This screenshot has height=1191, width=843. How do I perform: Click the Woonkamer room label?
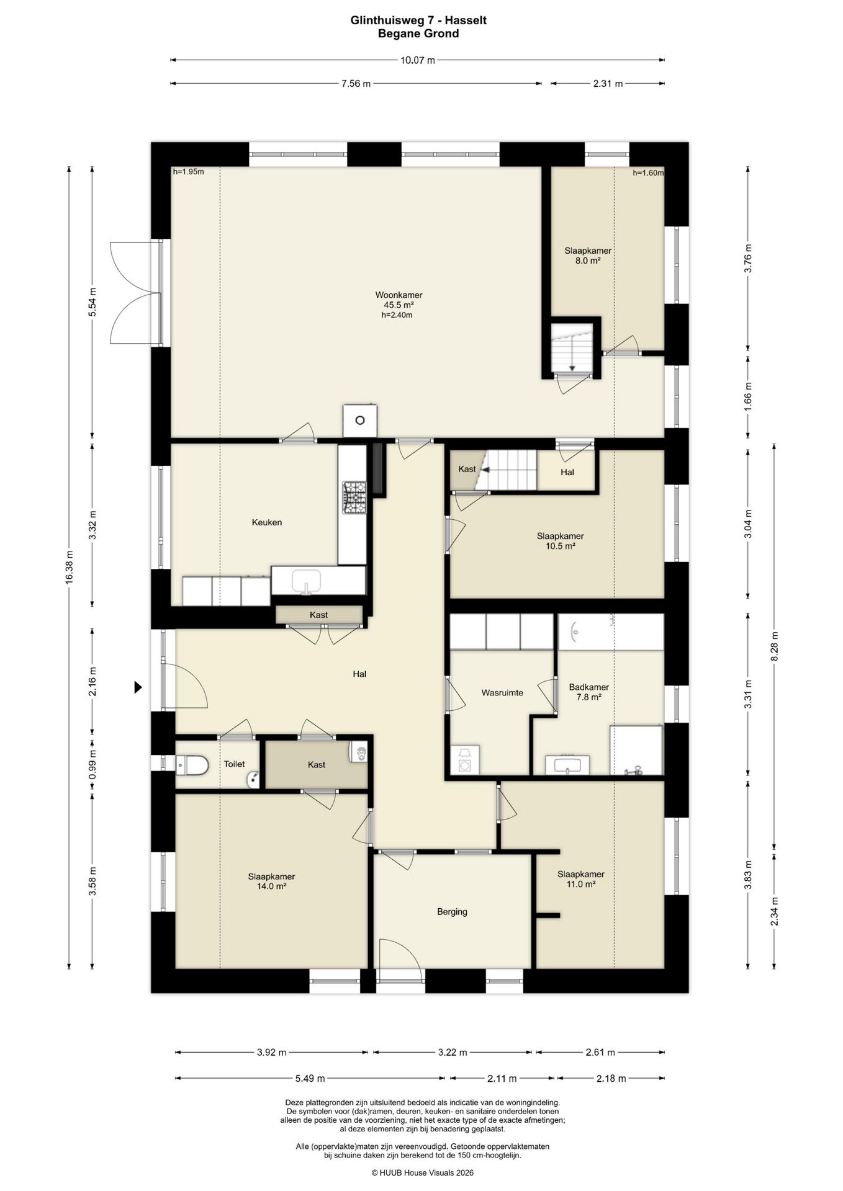399,295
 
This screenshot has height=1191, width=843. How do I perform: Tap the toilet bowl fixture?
192,765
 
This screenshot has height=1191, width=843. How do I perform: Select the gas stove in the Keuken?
354,497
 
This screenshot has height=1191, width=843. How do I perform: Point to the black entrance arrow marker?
138,687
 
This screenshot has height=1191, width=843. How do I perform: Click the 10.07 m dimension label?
418,60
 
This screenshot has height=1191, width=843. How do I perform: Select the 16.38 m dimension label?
70,566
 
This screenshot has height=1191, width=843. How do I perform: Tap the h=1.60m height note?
648,173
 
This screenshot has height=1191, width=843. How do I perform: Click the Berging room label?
452,911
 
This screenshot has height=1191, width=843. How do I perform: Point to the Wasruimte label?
502,692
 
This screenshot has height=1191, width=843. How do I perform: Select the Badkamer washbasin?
567,765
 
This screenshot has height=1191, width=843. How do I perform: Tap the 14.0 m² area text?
271,886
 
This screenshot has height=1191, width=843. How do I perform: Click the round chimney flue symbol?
359,421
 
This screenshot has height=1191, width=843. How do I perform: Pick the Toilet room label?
234,764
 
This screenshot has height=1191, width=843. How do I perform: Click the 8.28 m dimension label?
774,646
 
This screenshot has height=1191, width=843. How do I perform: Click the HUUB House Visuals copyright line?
422,1173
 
